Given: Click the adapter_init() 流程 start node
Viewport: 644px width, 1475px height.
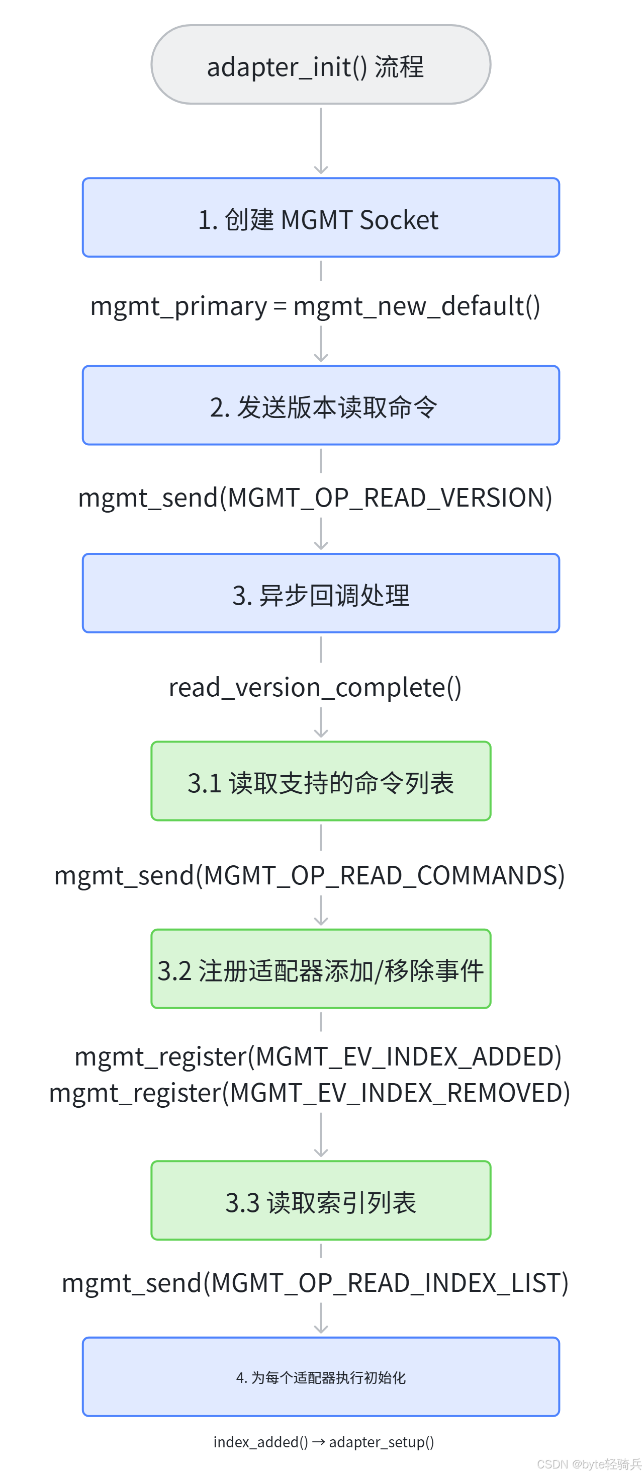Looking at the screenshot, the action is [x=321, y=64].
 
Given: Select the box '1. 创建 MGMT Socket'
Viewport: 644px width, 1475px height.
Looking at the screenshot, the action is [x=321, y=218].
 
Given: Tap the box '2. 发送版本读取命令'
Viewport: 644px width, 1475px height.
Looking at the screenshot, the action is [x=321, y=405].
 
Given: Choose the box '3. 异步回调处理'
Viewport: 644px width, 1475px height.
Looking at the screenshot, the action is [x=321, y=593].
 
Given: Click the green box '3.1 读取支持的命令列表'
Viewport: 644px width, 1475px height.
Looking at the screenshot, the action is [x=321, y=781].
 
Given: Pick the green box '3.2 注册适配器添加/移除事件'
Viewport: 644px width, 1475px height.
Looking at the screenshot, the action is [x=321, y=969].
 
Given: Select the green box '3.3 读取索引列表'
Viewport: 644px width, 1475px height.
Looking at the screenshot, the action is [x=321, y=1200].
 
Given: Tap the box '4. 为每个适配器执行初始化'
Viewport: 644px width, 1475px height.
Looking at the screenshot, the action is [x=321, y=1376].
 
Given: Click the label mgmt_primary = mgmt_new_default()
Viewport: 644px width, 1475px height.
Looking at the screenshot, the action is [x=315, y=306].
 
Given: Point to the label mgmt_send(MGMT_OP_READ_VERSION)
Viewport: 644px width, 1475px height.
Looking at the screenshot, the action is [x=315, y=498].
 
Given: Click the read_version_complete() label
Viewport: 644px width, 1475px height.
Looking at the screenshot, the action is [x=315, y=688].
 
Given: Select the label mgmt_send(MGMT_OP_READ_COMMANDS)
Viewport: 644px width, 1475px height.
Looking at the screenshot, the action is [x=310, y=875].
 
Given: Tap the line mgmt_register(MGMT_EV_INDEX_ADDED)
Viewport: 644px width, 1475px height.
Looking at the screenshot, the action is [x=318, y=1056].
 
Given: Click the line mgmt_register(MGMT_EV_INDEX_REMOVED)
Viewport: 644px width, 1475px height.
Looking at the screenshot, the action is [x=310, y=1093].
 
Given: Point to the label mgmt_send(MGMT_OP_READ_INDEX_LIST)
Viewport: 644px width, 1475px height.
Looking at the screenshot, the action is [x=315, y=1283].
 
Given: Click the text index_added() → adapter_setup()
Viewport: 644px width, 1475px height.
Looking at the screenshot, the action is [x=323, y=1442].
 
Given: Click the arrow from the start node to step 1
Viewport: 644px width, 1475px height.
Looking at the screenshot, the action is [x=321, y=141].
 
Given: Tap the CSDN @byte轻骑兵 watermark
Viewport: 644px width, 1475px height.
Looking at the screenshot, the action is [x=589, y=1463].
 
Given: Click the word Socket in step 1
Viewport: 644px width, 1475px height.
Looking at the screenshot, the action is [x=399, y=220].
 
